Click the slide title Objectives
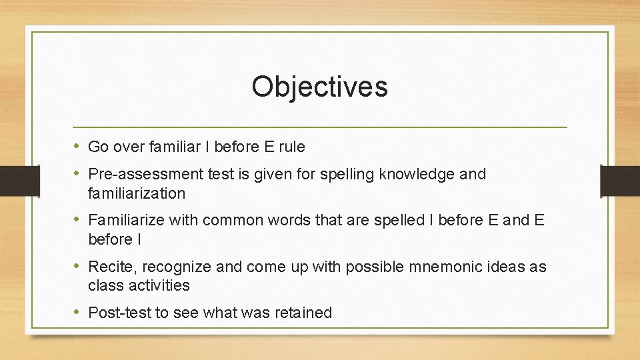coord(319,87)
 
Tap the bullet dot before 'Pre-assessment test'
coord(78,174)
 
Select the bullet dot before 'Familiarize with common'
coord(78,219)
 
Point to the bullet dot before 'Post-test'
coord(78,312)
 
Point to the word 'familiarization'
coord(137,193)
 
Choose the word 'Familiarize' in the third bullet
coord(127,220)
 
